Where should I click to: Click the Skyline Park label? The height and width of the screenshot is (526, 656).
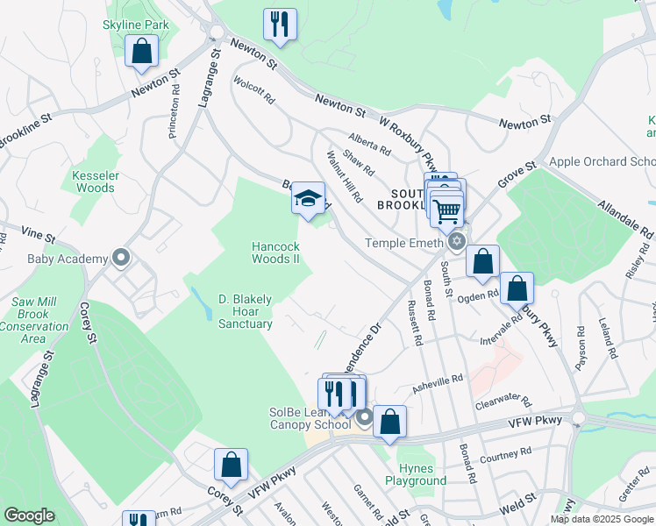pyautogui.click(x=136, y=25)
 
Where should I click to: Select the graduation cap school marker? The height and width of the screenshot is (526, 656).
pyautogui.click(x=308, y=199)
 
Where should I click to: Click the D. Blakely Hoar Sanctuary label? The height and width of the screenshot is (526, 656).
pyautogui.click(x=246, y=311)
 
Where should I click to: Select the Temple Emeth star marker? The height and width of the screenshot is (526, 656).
pyautogui.click(x=456, y=241)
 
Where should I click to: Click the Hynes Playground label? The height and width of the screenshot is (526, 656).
pyautogui.click(x=416, y=474)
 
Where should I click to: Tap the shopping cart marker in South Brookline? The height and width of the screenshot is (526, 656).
pyautogui.click(x=447, y=210)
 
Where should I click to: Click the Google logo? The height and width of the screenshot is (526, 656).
pyautogui.click(x=29, y=515)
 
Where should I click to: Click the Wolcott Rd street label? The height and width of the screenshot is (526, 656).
pyautogui.click(x=253, y=90)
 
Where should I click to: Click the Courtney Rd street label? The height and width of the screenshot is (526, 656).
pyautogui.click(x=506, y=453)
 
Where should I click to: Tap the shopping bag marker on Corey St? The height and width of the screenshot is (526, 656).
pyautogui.click(x=231, y=466)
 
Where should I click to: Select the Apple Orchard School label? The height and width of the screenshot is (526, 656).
pyautogui.click(x=602, y=161)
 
